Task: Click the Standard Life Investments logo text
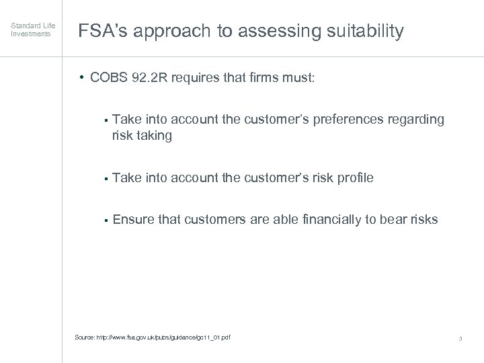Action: pyautogui.click(x=30, y=30)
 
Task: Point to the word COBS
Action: pyautogui.click(x=111, y=78)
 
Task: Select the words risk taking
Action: pyautogui.click(x=143, y=135)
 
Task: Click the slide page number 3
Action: pyautogui.click(x=460, y=337)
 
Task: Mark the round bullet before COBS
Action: pyautogui.click(x=81, y=78)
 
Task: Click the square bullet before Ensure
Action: pyautogui.click(x=106, y=220)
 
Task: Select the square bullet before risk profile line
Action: pyautogui.click(x=106, y=178)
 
